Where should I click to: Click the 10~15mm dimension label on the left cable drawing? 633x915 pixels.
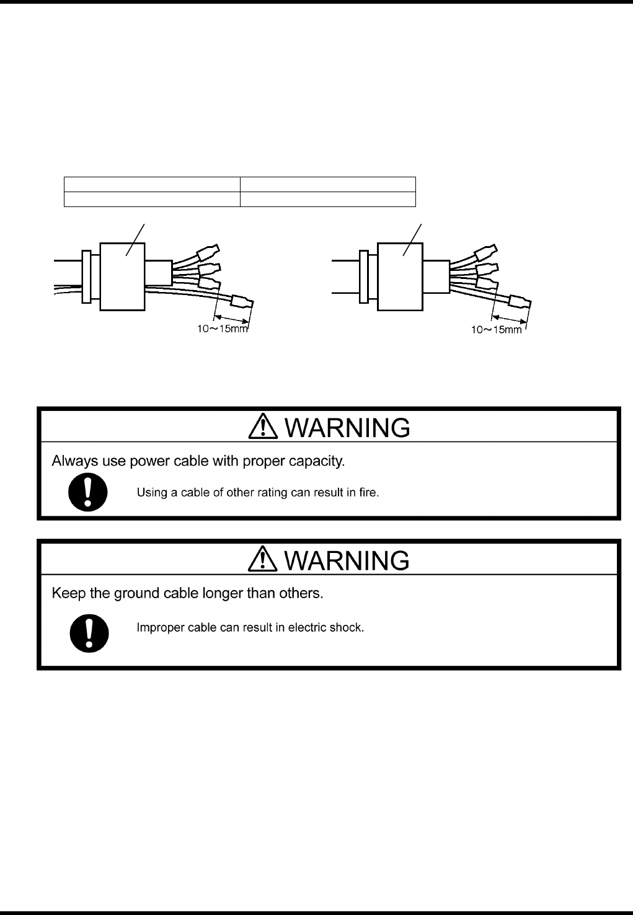(223, 329)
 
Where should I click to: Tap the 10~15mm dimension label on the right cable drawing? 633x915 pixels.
(497, 330)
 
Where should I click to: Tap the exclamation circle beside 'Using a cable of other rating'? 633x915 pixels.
(88, 492)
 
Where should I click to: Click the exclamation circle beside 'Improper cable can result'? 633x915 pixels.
(89, 633)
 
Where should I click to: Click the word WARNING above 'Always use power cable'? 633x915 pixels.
(347, 428)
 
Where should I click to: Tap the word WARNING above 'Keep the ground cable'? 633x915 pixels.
(347, 560)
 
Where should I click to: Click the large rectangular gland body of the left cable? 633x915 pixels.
(123, 276)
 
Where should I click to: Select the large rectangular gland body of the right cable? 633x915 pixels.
(400, 276)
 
